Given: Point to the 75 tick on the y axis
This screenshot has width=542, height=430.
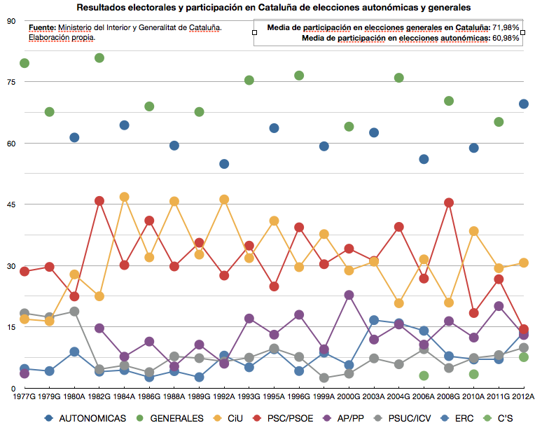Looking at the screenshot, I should point(11,82).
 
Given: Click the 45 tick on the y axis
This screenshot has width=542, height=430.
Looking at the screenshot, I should point(11,204).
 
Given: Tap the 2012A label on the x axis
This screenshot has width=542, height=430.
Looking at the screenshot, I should point(524,396).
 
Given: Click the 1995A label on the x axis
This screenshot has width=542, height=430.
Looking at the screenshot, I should point(275,396).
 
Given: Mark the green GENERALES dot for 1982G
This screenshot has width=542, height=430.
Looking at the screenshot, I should point(99,57).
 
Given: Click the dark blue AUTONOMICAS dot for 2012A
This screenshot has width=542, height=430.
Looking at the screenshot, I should point(524,104).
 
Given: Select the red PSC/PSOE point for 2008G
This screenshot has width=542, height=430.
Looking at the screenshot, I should point(449,202).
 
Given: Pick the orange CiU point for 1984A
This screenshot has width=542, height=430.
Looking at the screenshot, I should point(125,197).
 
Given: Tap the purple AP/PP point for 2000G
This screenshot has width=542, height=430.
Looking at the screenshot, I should point(349,296).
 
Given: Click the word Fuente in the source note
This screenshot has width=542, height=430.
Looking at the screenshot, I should point(43,28).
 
